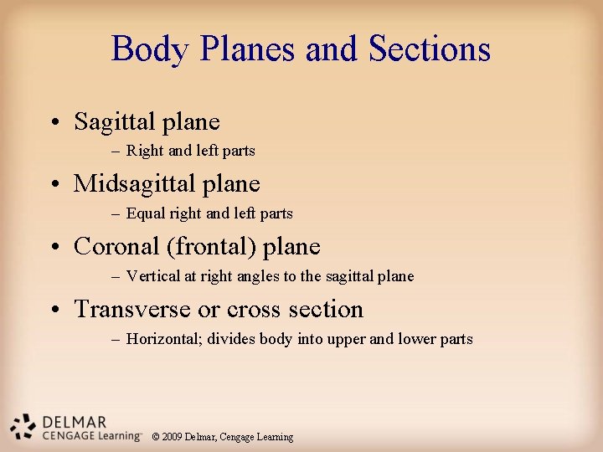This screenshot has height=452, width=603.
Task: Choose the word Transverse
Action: (x=132, y=309)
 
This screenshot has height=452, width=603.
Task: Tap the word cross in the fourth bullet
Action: (x=253, y=309)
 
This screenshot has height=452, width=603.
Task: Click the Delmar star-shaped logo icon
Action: (x=24, y=427)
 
